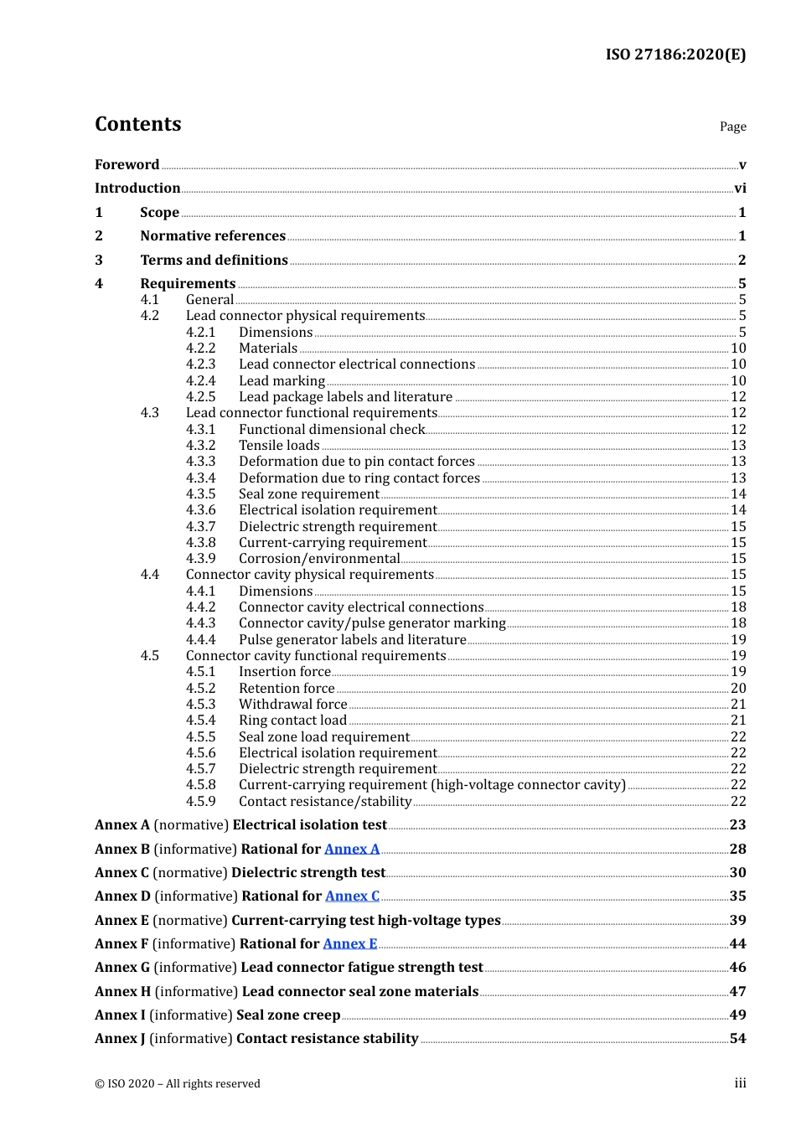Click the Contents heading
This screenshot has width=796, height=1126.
[x=138, y=124]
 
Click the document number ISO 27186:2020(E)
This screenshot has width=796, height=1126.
[x=675, y=54]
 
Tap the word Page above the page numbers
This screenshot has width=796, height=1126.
[x=732, y=127]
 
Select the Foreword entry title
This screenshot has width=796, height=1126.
[x=127, y=165]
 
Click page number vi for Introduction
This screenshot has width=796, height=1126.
[x=740, y=189]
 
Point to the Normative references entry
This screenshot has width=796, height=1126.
[x=213, y=236]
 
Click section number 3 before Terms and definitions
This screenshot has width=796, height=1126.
[x=99, y=261]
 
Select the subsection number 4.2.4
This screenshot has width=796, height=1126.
[x=200, y=381]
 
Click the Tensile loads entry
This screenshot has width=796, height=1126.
[x=279, y=446]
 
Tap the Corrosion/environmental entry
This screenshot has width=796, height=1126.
[x=319, y=559]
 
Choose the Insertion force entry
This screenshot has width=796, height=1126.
[x=285, y=672]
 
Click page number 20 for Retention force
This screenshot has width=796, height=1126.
[x=738, y=689]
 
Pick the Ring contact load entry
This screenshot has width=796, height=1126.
[x=292, y=721]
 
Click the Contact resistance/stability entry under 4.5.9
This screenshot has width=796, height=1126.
[x=325, y=802]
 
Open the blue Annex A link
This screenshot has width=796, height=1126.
[x=352, y=850]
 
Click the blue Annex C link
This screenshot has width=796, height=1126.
[x=352, y=896]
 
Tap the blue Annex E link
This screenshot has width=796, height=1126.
[x=350, y=944]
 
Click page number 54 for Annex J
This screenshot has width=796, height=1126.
[x=737, y=1039]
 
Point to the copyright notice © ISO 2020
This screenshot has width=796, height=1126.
[x=178, y=1084]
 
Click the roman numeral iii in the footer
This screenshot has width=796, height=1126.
[x=740, y=1083]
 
